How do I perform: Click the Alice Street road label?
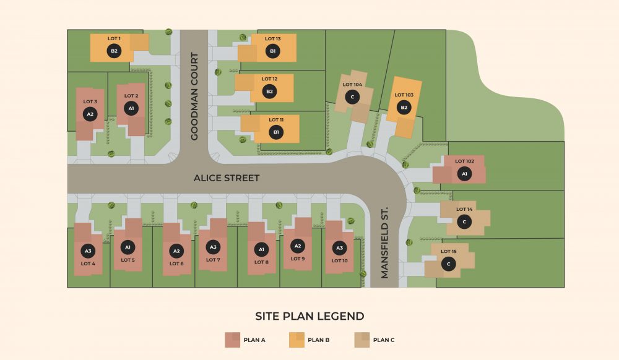click(x=227, y=178)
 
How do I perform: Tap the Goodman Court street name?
click(x=194, y=96)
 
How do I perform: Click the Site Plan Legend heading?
click(x=309, y=316)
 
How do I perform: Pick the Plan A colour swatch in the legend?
click(x=232, y=340)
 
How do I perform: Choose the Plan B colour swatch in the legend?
click(x=297, y=340)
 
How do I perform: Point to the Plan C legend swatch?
click(x=361, y=340)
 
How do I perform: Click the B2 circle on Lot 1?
click(x=114, y=51)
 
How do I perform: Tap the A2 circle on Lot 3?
click(x=90, y=114)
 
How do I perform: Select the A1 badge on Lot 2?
click(x=131, y=108)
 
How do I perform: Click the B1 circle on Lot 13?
click(x=273, y=51)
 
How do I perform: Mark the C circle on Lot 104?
click(x=352, y=96)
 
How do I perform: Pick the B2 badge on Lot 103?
click(x=404, y=108)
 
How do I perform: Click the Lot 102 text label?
click(x=464, y=161)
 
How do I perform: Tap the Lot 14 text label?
click(x=464, y=210)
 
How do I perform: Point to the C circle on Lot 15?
click(x=449, y=264)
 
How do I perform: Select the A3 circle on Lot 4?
click(x=88, y=251)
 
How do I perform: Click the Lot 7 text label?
click(x=213, y=260)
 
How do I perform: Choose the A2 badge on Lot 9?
click(x=298, y=246)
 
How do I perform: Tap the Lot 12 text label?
click(x=269, y=79)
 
